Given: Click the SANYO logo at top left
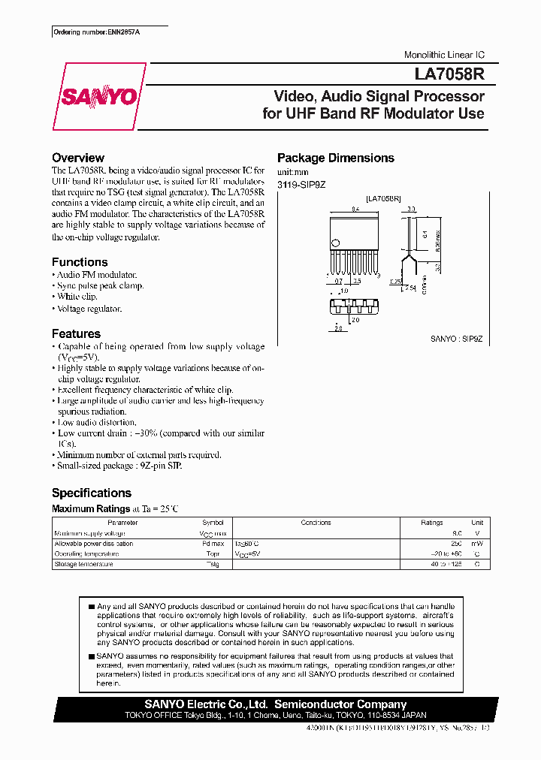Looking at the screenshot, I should point(98,98).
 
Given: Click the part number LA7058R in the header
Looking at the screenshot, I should point(449,75).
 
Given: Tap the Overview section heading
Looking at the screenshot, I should point(77,158).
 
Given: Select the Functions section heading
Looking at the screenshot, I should point(80,262).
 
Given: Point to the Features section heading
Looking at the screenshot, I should point(76,333).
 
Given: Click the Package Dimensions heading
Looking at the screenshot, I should point(335,158).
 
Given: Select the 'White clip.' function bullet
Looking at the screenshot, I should point(77,297).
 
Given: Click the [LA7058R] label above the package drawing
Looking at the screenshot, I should point(383,199).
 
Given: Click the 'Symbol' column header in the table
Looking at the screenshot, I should point(213,523).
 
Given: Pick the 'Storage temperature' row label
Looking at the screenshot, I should point(83,564).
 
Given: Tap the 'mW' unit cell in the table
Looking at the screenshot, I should point(477,544).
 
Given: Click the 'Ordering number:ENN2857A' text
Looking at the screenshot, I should point(96,33).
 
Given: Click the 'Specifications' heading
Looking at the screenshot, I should point(91,493).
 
